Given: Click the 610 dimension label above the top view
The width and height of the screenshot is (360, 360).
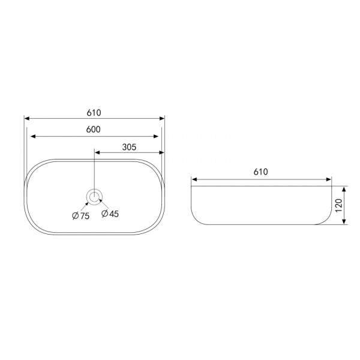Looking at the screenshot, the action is pos(94,113).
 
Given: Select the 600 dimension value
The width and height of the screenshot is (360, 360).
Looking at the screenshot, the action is pos(94,130).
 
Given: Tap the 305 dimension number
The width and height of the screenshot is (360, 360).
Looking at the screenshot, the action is pos(129,147).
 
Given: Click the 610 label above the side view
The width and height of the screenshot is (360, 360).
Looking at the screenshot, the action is pos(260,172).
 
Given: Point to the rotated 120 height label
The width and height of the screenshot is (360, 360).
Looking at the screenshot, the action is pos(339,205).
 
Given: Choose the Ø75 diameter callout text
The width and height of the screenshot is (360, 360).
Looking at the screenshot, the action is pos(80,216).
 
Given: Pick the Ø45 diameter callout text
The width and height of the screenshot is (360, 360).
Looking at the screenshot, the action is pos(110,214).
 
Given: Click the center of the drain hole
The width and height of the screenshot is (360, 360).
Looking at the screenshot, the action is pos(94,197).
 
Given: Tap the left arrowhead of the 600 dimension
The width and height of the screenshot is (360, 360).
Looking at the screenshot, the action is pos(33,136).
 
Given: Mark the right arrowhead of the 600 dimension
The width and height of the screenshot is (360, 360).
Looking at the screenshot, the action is pos(156,136).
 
